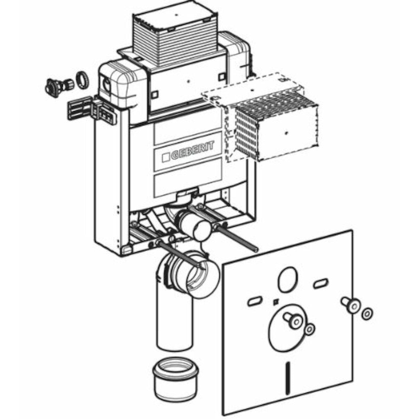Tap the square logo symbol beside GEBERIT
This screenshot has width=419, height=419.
166,157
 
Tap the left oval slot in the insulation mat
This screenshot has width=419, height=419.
256,302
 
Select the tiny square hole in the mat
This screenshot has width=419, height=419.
276,302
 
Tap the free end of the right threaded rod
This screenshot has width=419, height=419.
256,250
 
